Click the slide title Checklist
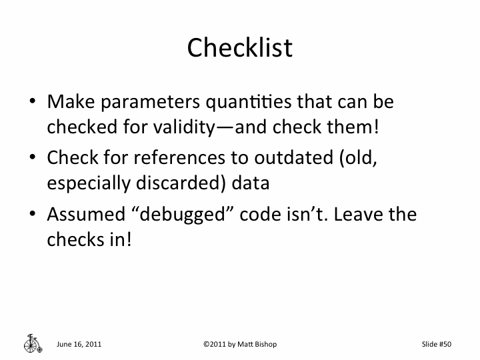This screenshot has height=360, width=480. point(239,47)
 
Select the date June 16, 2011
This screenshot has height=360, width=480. point(79,344)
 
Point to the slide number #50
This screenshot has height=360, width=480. point(445,344)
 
